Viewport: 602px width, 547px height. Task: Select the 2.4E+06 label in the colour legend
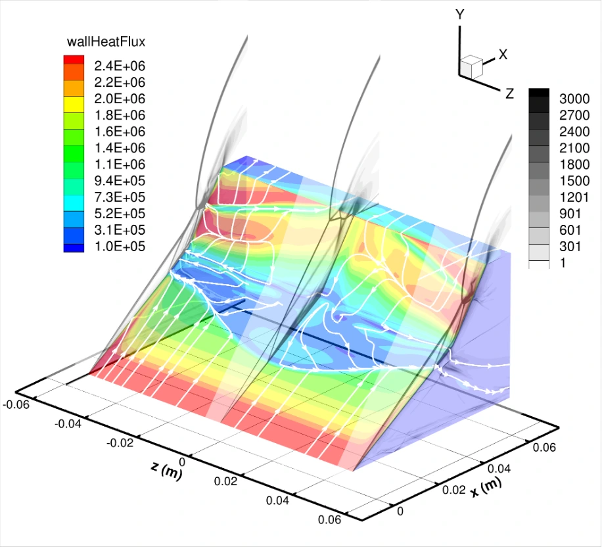click(120, 66)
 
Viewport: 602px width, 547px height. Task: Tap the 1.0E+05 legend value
click(120, 247)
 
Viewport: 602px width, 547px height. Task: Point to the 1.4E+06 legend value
click(120, 148)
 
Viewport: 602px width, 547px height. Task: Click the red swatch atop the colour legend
click(73, 60)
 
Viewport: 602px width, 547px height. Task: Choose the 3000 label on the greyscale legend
click(574, 99)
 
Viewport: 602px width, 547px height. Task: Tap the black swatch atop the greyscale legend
click(540, 93)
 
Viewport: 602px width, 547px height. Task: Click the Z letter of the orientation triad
click(509, 94)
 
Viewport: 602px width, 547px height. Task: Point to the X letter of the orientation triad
click(503, 55)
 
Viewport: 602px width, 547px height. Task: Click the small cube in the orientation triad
click(471, 66)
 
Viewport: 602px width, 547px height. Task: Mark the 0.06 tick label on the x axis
click(543, 448)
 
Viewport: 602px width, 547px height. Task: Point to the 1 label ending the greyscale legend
click(563, 264)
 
